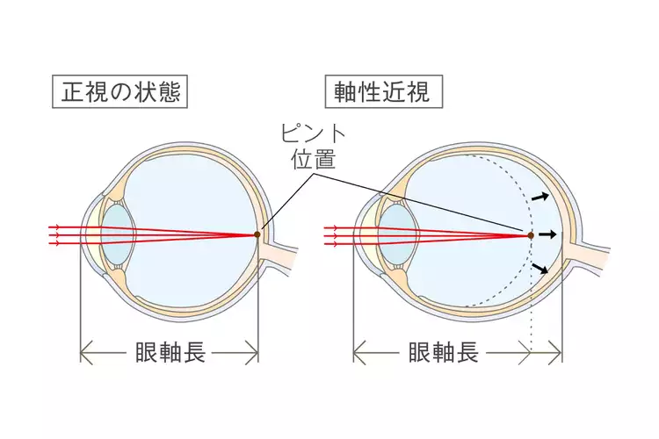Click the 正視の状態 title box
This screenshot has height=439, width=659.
tap(122, 91)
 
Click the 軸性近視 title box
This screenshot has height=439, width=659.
tap(383, 91)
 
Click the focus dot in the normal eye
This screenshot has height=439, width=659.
tap(257, 234)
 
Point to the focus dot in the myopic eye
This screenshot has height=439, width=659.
tap(530, 234)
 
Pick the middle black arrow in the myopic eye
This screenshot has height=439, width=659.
tap(548, 234)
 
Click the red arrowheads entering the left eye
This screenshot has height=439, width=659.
tap(57, 234)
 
